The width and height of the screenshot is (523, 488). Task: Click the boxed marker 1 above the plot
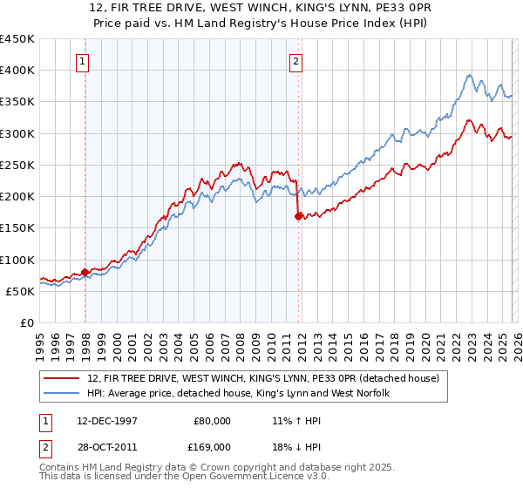coord(81,61)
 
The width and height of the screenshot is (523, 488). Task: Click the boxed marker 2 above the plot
coord(295,61)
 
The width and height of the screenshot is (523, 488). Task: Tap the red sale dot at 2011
coord(298,217)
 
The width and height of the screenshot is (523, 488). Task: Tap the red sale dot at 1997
coord(85,272)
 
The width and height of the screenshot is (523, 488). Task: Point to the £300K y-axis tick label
coord(17,133)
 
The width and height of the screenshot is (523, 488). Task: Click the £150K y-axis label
coord(17,227)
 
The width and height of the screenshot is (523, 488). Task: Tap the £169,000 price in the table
coord(208,446)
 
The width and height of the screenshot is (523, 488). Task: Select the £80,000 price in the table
coord(212,420)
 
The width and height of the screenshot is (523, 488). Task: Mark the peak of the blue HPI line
coord(469,75)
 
